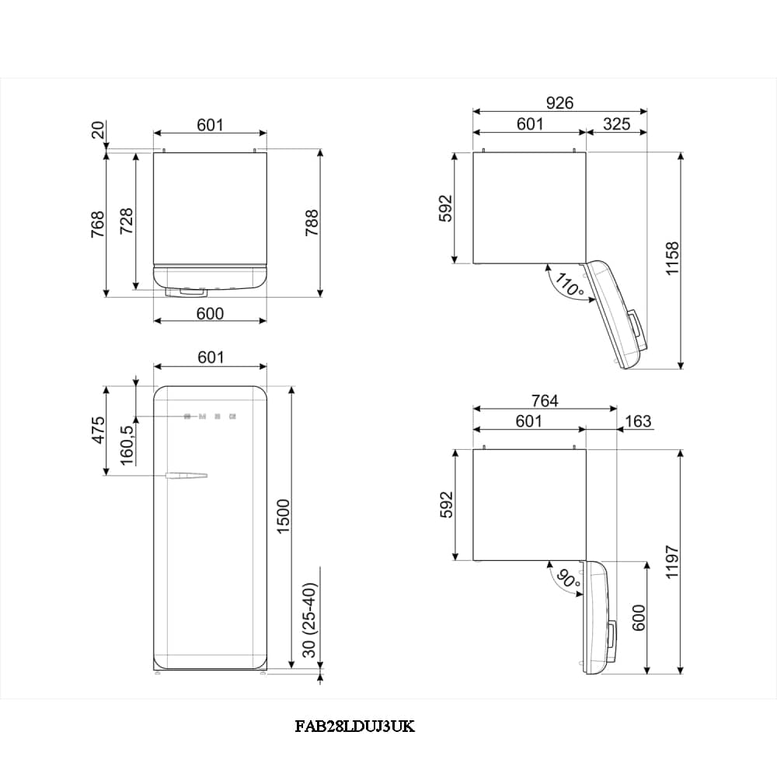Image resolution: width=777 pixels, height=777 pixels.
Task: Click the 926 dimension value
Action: point(559,103)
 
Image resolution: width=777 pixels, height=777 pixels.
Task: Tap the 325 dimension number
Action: point(616,124)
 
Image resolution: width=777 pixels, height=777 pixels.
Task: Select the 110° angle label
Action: point(569,284)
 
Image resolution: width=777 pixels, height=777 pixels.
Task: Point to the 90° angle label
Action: point(569,579)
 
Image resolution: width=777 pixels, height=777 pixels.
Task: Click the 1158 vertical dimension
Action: point(672,259)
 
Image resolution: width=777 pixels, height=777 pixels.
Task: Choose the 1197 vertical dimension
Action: point(672,562)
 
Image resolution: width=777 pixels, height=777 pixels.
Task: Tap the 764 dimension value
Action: point(545,400)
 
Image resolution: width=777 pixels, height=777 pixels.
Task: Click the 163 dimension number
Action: point(638,421)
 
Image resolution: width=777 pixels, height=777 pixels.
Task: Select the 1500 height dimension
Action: point(283,517)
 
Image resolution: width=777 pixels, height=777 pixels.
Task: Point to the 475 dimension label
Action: point(98,430)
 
